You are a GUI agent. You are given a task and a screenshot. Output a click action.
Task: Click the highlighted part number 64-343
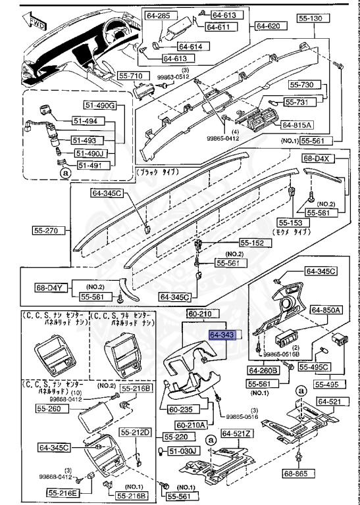(x=222, y=335)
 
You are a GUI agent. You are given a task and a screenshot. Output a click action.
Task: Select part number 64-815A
(x=297, y=125)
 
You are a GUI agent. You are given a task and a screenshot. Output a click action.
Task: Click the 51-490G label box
(x=99, y=106)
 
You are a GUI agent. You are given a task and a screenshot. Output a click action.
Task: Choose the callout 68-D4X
(x=319, y=159)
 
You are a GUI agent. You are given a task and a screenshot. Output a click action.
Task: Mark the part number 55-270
(x=48, y=230)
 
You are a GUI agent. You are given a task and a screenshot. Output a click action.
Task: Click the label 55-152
(x=250, y=243)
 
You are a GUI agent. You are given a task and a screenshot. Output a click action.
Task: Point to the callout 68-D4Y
(x=51, y=287)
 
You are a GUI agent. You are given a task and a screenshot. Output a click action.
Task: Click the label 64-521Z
(x=235, y=433)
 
